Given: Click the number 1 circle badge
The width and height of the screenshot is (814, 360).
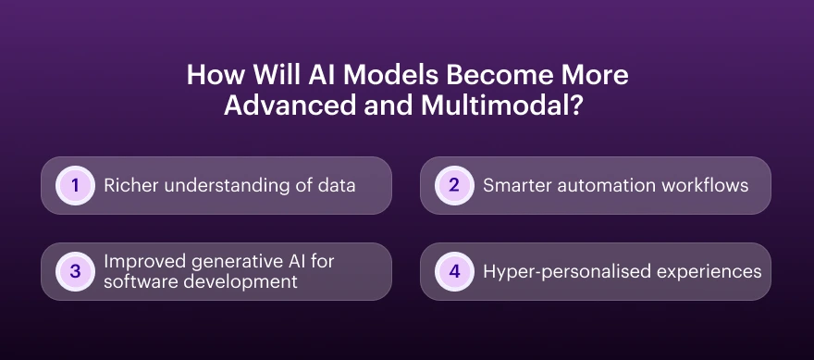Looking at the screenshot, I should click(x=75, y=186).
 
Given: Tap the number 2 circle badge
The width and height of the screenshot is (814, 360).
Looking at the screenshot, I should click(x=454, y=185).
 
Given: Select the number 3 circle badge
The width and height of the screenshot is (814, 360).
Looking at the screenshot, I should click(x=75, y=271).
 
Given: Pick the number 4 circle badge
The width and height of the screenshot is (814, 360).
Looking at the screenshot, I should click(x=454, y=271).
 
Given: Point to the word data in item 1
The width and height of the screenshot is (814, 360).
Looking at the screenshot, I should click(x=337, y=185).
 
